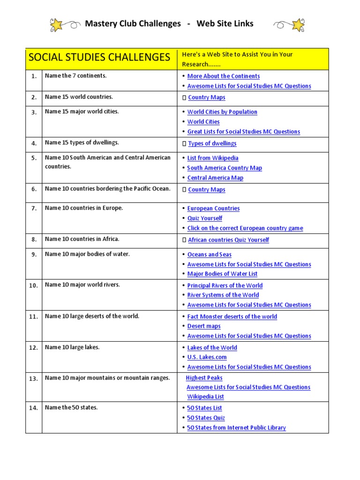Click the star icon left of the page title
pyautogui.click(x=57, y=24)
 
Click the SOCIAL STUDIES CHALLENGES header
pyautogui.click(x=99, y=58)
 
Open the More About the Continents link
pyautogui.click(x=223, y=76)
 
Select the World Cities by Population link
pyautogui.click(x=222, y=112)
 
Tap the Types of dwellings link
pyautogui.click(x=212, y=143)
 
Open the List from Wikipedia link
pyautogui.click(x=213, y=158)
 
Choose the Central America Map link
pyautogui.click(x=215, y=178)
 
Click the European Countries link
pyautogui.click(x=213, y=209)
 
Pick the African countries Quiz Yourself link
pyautogui.click(x=228, y=240)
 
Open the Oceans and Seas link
pyautogui.click(x=209, y=255)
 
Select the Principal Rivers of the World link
pyautogui.click(x=225, y=285)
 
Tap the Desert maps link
pyautogui.click(x=204, y=326)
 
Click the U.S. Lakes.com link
pyautogui.click(x=207, y=357)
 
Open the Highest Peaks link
pyautogui.click(x=204, y=378)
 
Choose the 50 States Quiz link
pyautogui.click(x=206, y=418)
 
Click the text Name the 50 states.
pyautogui.click(x=71, y=408)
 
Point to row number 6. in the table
pyautogui.click(x=34, y=189)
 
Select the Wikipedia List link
pyautogui.click(x=206, y=397)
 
